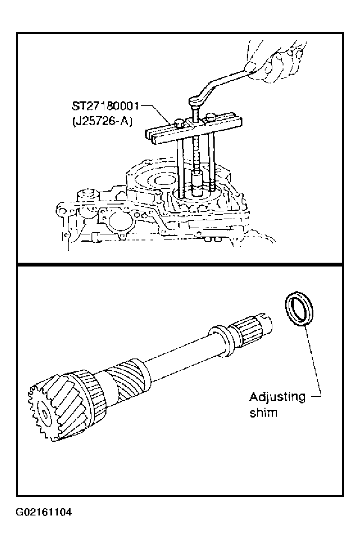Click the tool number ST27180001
[x=106, y=107]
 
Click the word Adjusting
[x=277, y=398]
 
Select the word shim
[x=263, y=412]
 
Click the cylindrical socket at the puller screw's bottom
[x=197, y=184]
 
